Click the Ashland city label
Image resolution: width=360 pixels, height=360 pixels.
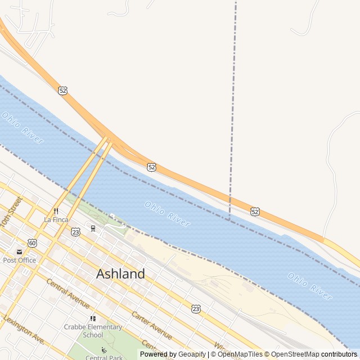point(120,274)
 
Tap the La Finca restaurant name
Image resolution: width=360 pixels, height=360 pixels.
point(56,219)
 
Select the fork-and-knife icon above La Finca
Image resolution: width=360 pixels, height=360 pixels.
point(56,211)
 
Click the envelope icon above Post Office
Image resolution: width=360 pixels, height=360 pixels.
point(20,252)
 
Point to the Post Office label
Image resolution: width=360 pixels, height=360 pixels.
point(20,260)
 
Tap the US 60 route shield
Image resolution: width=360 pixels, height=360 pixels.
point(33,243)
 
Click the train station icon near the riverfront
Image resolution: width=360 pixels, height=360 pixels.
point(93,228)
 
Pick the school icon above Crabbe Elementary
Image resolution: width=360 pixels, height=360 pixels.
point(93,318)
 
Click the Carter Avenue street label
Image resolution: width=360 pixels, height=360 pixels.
point(152,325)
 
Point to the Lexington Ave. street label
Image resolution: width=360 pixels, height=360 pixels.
point(24,329)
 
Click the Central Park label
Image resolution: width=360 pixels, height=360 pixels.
point(103,357)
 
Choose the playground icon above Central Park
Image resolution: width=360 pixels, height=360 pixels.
point(103,350)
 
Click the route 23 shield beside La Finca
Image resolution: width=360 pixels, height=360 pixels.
point(75,232)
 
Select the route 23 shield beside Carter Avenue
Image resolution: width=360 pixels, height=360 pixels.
point(195,309)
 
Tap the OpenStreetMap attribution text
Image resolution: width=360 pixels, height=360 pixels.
point(295,354)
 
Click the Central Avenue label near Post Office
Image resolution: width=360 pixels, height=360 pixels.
point(67,293)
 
